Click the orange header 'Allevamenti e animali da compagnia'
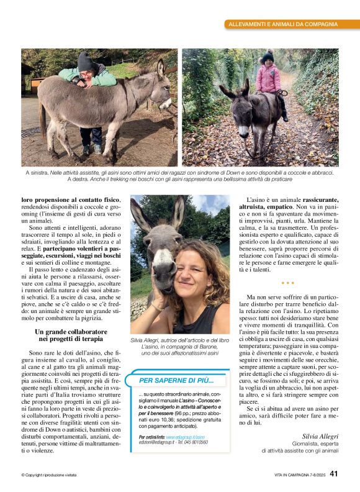point(283,24)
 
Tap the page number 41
point(334,474)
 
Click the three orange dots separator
point(287,283)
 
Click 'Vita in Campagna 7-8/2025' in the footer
point(299,475)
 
